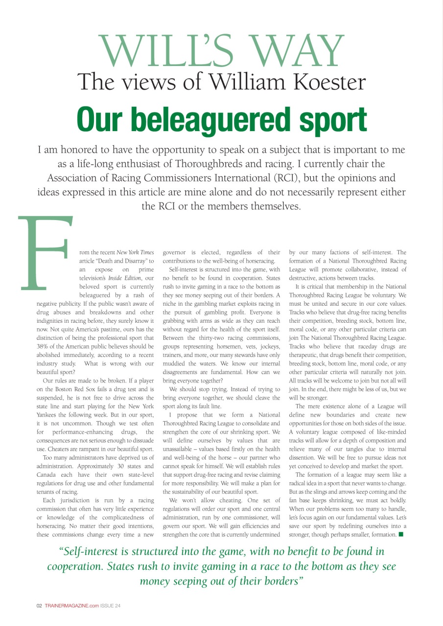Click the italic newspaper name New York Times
click(135, 252)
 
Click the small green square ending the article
click(401, 534)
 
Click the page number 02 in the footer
click(40, 605)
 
